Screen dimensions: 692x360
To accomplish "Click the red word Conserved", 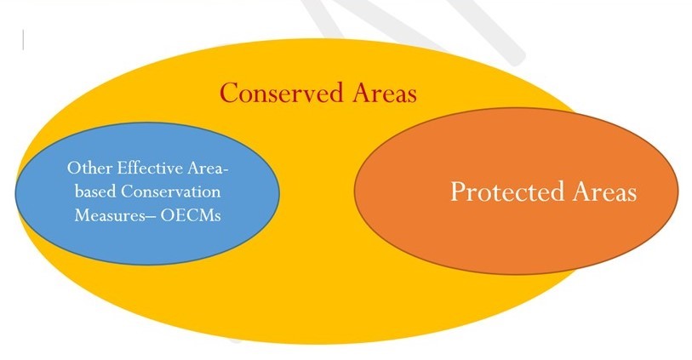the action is pos(281,93).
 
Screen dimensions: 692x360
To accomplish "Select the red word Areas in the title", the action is pos(385,93).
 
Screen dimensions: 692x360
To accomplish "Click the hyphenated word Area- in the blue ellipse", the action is pos(208,169).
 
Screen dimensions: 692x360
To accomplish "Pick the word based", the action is pos(95,191).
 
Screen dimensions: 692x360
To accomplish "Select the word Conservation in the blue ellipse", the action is pos(171,191).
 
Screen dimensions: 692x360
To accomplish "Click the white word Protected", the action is pos(507,191).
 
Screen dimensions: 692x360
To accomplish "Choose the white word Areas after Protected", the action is pos(605,191).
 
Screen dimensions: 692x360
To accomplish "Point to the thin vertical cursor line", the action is pos(23,40).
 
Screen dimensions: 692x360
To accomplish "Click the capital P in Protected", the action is pos(458,191).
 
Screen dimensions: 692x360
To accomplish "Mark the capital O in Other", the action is pos(73,169).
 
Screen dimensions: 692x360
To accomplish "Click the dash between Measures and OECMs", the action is pos(151,216).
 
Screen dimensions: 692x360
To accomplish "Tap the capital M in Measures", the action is pos(81,214).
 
